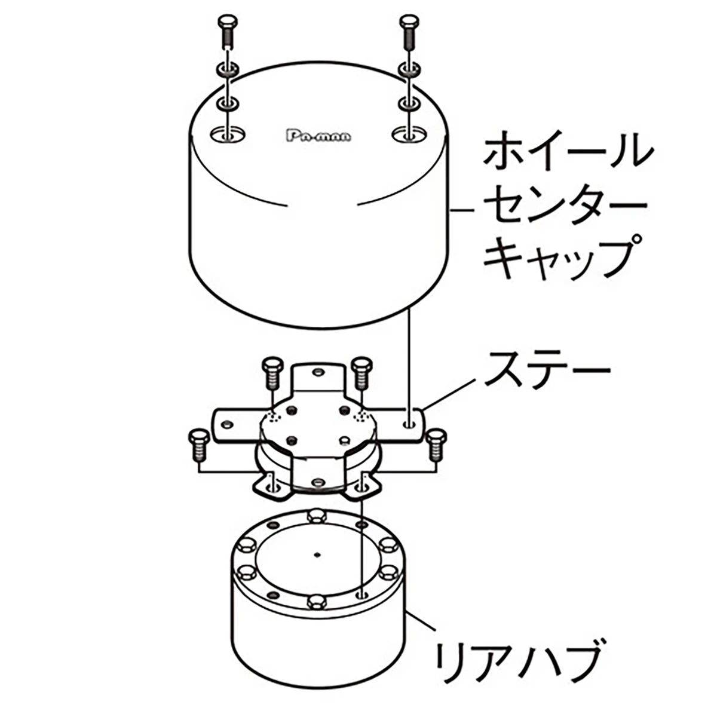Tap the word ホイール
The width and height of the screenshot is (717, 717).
coord(565,152)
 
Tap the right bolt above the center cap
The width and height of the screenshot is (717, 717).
coord(408,33)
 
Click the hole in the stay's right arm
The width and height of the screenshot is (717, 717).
coord(409,425)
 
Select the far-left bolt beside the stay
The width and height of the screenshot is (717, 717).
coord(197,445)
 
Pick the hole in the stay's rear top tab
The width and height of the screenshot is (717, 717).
coord(317,372)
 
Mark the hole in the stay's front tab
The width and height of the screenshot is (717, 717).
coord(317,481)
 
